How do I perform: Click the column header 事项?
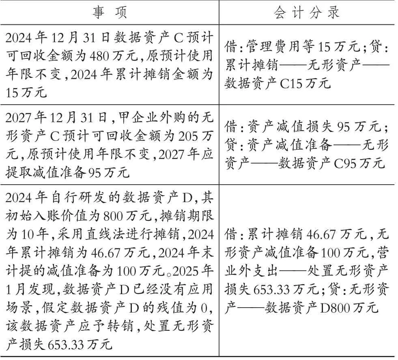pos(110,12)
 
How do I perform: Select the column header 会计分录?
pos(307,12)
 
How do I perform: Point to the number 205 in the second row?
pos(189,136)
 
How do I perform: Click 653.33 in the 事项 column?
pos(67,345)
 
